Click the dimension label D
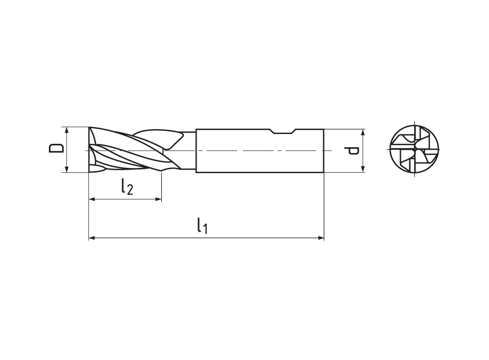point(56,148)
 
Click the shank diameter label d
point(352,151)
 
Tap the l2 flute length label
point(127,186)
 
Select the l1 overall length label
point(202,226)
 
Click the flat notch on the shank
point(283,131)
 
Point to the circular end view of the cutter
point(415,149)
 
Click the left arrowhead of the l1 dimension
point(91,238)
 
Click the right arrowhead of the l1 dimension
point(321,238)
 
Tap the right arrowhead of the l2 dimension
point(158,199)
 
